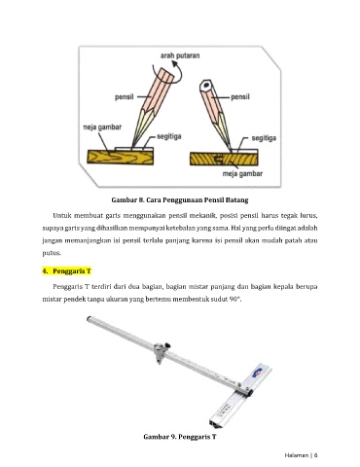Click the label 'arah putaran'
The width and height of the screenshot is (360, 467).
180,55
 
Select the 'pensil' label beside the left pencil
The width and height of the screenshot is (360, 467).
125,97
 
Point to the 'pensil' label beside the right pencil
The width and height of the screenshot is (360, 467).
240,97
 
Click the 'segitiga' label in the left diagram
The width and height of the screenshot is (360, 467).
169,136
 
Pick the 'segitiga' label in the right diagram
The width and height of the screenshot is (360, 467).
264,138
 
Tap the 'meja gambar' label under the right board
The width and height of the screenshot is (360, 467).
242,173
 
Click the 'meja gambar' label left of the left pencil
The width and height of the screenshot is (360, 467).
102,127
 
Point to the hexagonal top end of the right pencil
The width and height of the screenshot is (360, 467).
205,86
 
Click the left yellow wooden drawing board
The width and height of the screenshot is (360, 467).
121,157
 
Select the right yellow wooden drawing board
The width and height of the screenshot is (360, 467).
224,159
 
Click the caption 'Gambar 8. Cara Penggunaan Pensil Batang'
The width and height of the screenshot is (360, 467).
180,199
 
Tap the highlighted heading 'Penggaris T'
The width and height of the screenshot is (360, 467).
72,271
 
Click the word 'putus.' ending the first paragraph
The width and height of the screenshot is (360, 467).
52,253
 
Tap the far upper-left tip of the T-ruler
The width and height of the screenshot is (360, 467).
88,319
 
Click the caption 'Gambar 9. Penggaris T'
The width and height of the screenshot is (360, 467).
180,437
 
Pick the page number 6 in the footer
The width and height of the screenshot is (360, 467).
315,455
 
